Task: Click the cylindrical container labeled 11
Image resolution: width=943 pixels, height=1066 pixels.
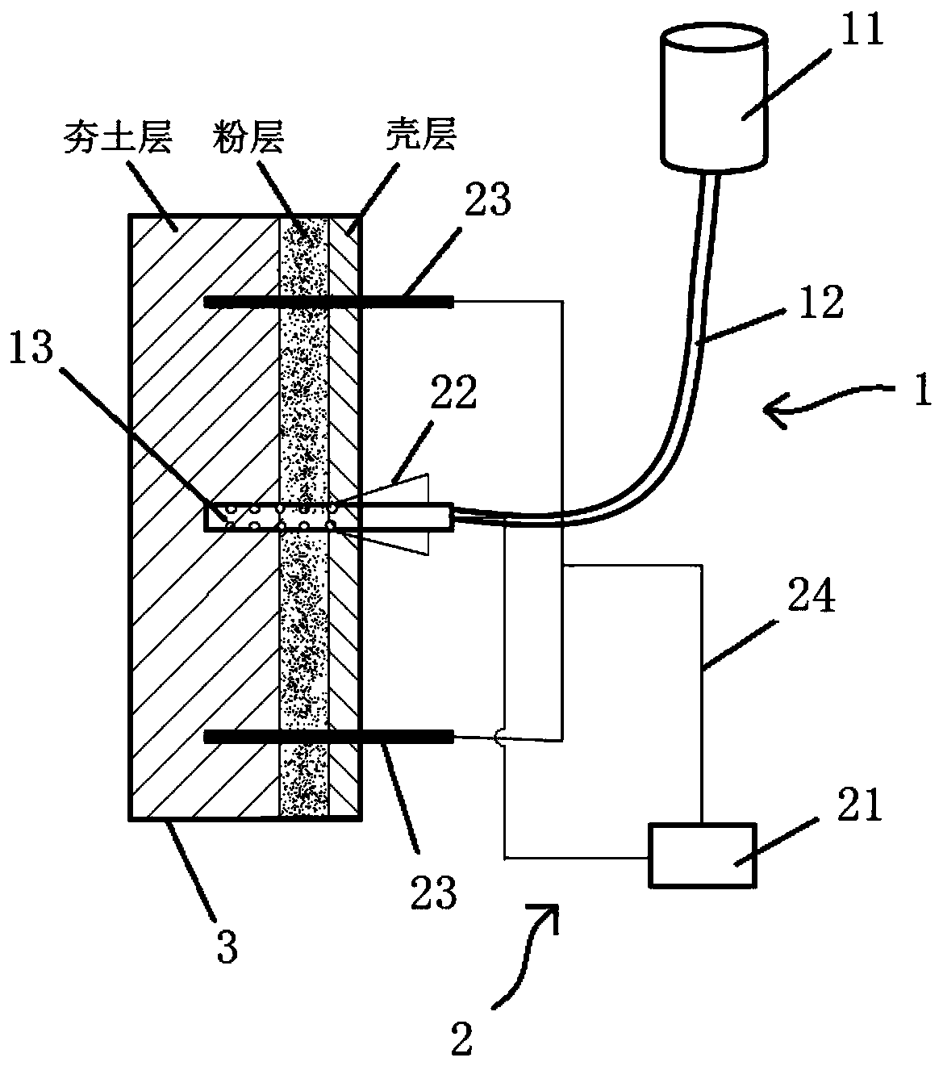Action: [x=713, y=101]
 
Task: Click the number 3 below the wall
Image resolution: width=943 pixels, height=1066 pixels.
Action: [x=227, y=948]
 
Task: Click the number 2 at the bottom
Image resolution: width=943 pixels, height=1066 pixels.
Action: [x=461, y=1041]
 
